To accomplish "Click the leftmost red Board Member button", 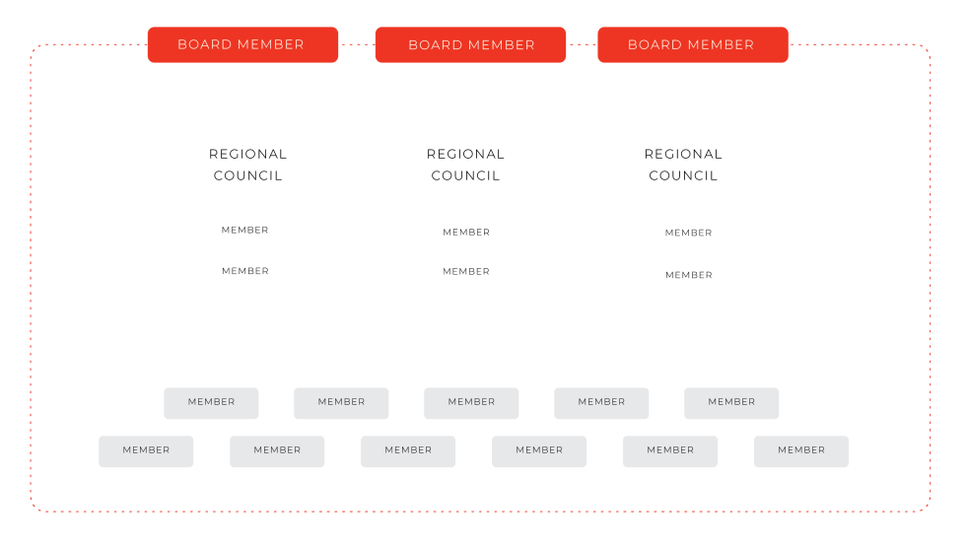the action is pyautogui.click(x=242, y=44).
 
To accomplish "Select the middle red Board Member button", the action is pyautogui.click(x=471, y=44).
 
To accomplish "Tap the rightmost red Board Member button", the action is pyautogui.click(x=692, y=44).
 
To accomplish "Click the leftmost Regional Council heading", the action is pyautogui.click(x=247, y=165).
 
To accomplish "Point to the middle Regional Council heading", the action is pyautogui.click(x=465, y=165).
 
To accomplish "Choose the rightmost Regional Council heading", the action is pyautogui.click(x=683, y=165).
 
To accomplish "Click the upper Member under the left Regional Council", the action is pyautogui.click(x=245, y=230).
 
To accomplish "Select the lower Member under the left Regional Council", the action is pyautogui.click(x=245, y=271).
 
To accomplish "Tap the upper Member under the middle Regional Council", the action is pyautogui.click(x=466, y=233).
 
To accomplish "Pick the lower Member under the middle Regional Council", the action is pyautogui.click(x=466, y=272).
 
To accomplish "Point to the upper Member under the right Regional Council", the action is pyautogui.click(x=689, y=233).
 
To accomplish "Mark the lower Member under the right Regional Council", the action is pyautogui.click(x=689, y=275).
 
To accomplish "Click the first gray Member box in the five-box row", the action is pyautogui.click(x=211, y=403).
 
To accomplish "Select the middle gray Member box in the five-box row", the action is pyautogui.click(x=471, y=403).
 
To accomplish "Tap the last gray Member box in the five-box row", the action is pyautogui.click(x=731, y=403).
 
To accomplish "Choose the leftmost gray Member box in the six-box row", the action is pyautogui.click(x=146, y=451).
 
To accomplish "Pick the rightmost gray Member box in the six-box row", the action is pyautogui.click(x=801, y=451).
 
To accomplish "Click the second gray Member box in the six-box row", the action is pyautogui.click(x=277, y=451).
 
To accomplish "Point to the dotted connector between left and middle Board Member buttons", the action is pyautogui.click(x=357, y=44).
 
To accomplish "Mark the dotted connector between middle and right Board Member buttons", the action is pyautogui.click(x=582, y=44).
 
